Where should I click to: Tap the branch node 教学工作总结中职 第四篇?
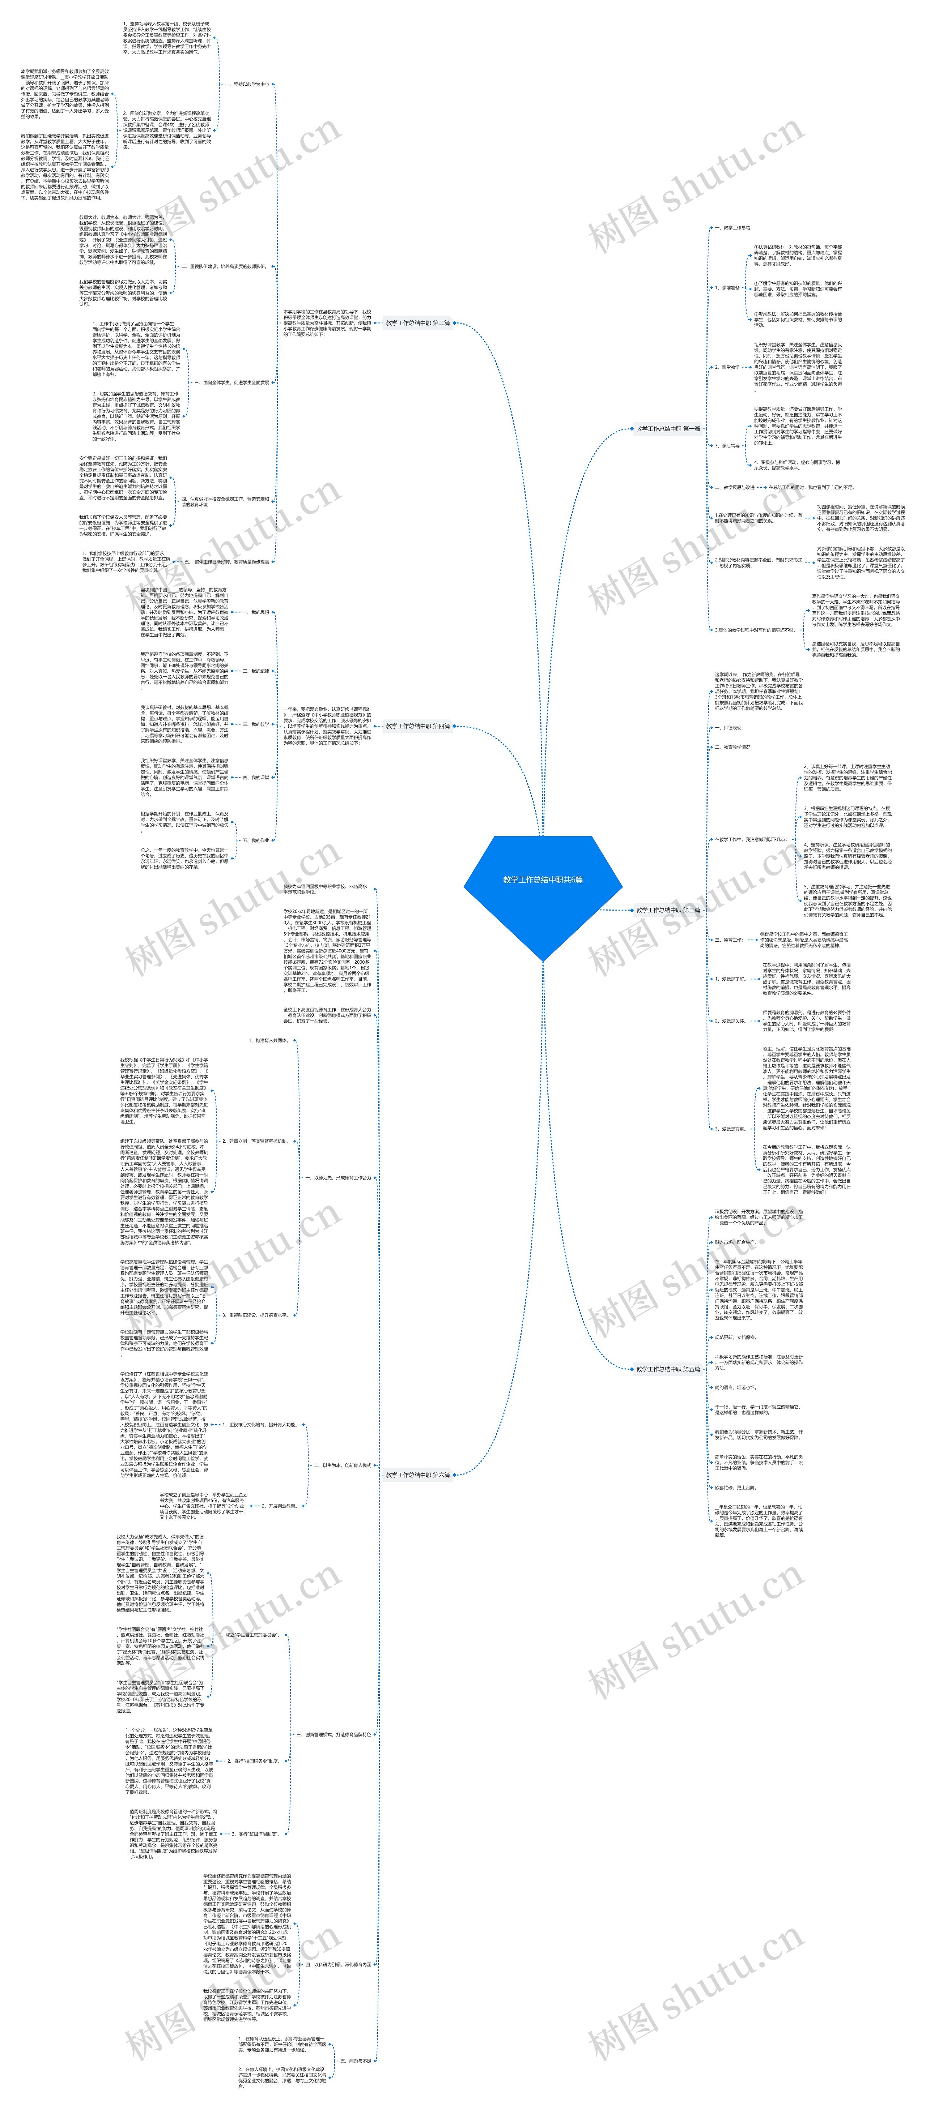pyautogui.click(x=418, y=726)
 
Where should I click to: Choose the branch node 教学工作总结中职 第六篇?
pyautogui.click(x=418, y=1475)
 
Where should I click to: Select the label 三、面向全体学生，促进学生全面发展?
pyautogui.click(x=232, y=382)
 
